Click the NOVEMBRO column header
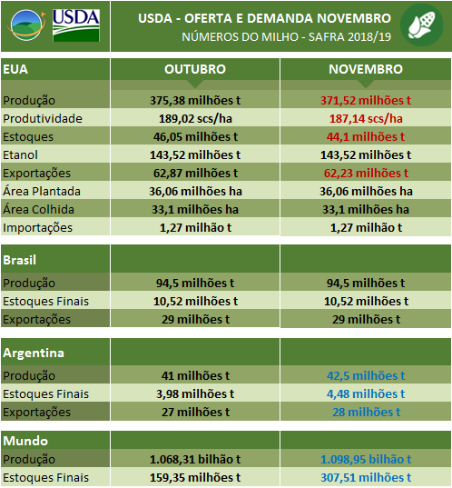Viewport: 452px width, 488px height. pos(365,70)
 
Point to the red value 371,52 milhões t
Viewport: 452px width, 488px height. pos(365,100)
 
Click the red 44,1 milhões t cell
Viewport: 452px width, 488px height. pos(365,136)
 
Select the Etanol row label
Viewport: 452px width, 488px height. pos(22,154)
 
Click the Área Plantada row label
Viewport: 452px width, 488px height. pos(42,191)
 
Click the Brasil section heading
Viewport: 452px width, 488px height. pos(20,259)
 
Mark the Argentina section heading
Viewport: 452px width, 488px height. pos(31,352)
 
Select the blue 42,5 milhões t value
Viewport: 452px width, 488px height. pos(365,375)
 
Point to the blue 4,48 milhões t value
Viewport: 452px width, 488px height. pos(365,393)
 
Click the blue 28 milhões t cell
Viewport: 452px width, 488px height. pos(365,412)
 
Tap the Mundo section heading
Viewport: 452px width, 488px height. pos(24,441)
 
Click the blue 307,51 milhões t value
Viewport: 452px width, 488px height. pos(365,478)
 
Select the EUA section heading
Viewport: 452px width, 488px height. pos(15,70)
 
